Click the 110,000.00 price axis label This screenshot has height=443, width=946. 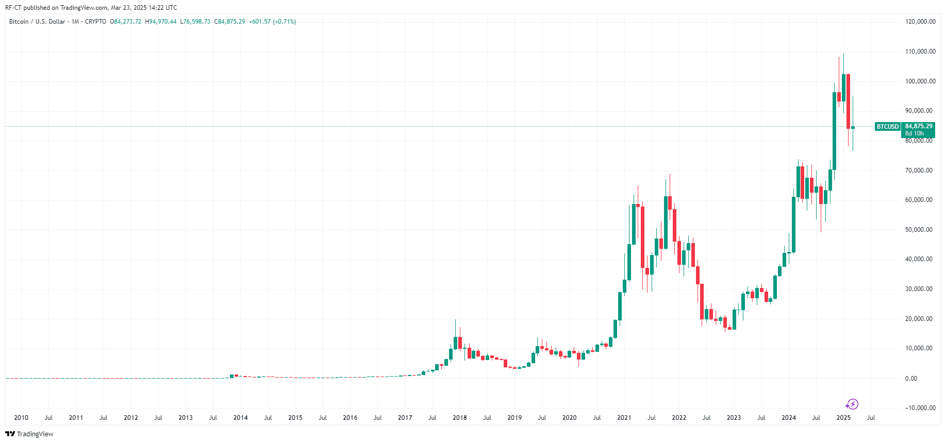pos(920,52)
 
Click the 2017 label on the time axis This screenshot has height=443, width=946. pos(405,418)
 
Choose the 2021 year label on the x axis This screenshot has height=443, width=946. pos(624,418)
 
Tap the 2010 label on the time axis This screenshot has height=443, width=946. pos(21,418)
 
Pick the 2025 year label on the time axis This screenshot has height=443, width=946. pos(843,418)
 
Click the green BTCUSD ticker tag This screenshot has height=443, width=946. pos(887,127)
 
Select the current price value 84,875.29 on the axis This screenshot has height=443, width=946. pos(919,126)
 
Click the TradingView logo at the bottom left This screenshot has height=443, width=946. pos(29,434)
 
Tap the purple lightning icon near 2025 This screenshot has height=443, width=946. pos(853,404)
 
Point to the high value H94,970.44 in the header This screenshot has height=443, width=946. pos(161,22)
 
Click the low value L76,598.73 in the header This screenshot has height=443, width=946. pos(195,22)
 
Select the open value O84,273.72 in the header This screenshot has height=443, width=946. pos(126,22)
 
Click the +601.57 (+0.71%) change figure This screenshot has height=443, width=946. pos(272,22)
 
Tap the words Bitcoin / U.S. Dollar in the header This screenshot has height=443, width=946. pos(37,22)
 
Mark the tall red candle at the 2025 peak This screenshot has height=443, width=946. pos(848,101)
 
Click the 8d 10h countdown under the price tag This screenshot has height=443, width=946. pos(915,133)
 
